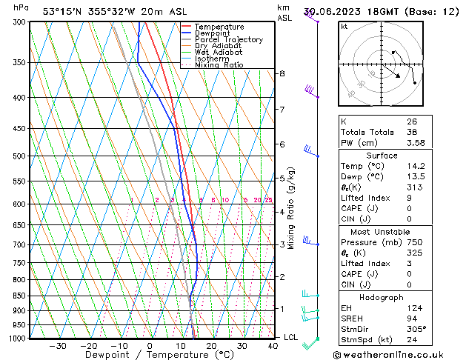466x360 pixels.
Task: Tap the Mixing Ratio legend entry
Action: [x=219, y=65]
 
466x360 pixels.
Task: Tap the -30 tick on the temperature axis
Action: [x=57, y=346]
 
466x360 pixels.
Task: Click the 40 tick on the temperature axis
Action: [x=273, y=346]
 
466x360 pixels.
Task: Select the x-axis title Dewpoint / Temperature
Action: [x=148, y=355]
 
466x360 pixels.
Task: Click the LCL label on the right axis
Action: [x=291, y=338]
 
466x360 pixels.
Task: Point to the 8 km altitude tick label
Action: [x=282, y=73]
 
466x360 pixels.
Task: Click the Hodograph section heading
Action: [x=382, y=297]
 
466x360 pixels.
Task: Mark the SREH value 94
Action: [x=411, y=319]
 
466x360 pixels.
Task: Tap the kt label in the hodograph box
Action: [x=344, y=27]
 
